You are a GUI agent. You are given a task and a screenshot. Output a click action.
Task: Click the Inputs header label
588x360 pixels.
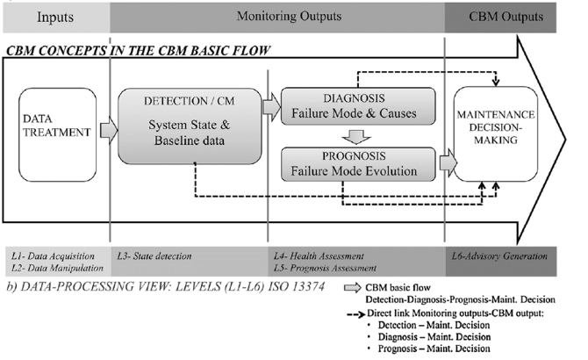pyautogui.click(x=54, y=17)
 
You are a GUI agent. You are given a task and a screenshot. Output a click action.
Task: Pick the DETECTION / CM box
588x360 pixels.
pyautogui.click(x=190, y=127)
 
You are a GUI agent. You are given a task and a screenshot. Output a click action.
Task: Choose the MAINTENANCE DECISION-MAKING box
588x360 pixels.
pyautogui.click(x=494, y=131)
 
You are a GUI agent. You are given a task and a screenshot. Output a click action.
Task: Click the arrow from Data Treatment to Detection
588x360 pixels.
pyautogui.click(x=106, y=132)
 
